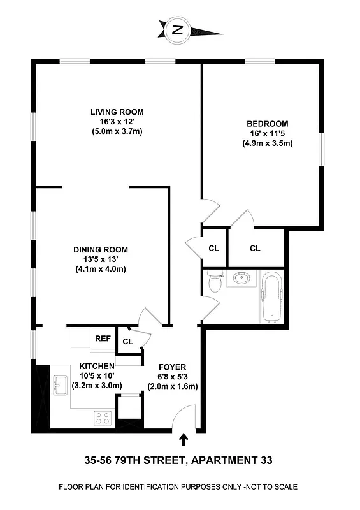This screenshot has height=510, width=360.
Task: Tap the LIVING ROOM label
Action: tap(116, 112)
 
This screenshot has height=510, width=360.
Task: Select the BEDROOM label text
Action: tap(267, 124)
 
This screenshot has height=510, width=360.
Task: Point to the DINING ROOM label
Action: tap(101, 249)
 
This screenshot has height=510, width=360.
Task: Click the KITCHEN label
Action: tap(96, 366)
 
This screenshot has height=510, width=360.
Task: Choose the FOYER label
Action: tap(172, 367)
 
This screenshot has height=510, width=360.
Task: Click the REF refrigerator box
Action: tap(103, 339)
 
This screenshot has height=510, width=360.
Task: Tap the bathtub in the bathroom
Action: tap(272, 297)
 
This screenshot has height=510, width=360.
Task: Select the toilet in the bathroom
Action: tap(214, 281)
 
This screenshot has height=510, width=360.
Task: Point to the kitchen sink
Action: tap(61, 385)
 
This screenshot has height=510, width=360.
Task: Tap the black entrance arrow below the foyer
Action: tap(184, 439)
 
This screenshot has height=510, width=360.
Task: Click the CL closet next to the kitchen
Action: tap(127, 342)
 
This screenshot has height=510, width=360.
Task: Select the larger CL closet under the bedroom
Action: tap(255, 248)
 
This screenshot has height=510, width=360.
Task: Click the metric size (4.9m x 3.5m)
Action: tap(267, 143)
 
